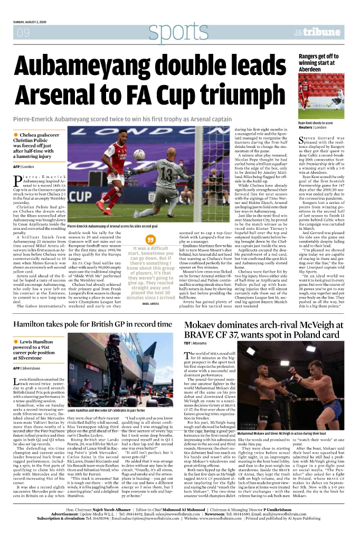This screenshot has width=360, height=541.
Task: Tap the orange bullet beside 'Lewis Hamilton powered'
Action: click(16, 342)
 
